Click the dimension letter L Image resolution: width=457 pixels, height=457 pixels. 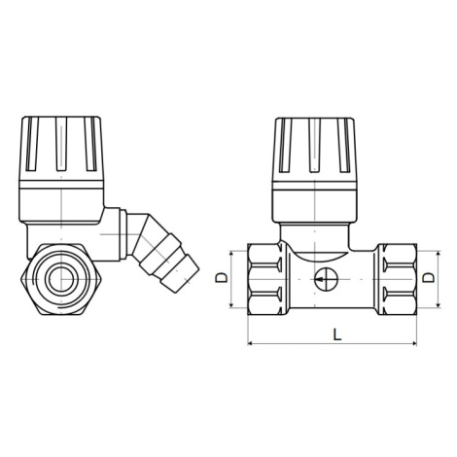337,334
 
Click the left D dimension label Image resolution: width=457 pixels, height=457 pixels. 222,278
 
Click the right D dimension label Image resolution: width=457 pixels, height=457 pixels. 429,278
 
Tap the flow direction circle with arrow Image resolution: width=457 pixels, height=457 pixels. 326,279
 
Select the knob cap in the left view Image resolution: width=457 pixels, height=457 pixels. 61,169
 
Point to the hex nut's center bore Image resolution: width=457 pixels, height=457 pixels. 60,279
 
